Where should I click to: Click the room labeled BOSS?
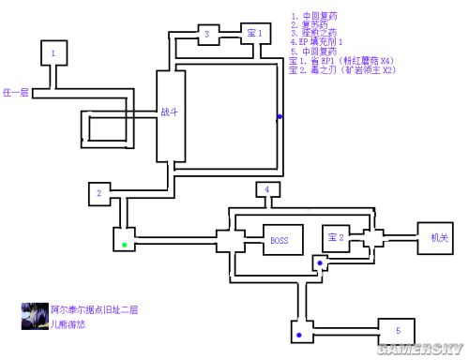pyautogui.click(x=280, y=241)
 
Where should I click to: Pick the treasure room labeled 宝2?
pyautogui.click(x=336, y=239)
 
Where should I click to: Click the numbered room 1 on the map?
pyautogui.click(x=53, y=55)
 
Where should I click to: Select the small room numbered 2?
pyautogui.click(x=98, y=194)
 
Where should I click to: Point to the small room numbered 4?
pyautogui.click(x=267, y=190)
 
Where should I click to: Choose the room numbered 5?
pyautogui.click(x=398, y=331)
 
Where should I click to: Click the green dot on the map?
pyautogui.click(x=124, y=246)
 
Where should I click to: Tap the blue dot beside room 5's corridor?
pyautogui.click(x=299, y=334)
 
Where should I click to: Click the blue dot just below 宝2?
pyautogui.click(x=319, y=263)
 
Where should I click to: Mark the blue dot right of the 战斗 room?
pyautogui.click(x=279, y=118)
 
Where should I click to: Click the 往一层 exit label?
pyautogui.click(x=17, y=93)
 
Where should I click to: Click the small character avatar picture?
pyautogui.click(x=35, y=316)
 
